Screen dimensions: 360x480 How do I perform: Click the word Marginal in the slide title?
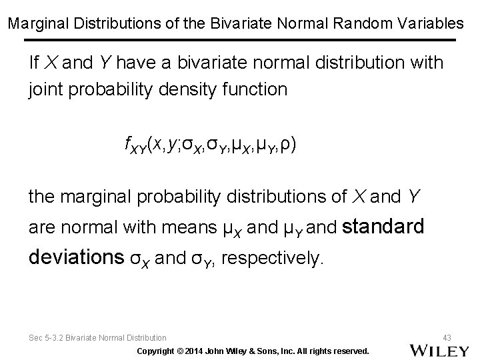33,23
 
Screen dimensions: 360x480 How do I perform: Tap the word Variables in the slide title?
433,23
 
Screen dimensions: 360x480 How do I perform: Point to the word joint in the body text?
42,89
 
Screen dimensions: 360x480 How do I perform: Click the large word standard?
383,227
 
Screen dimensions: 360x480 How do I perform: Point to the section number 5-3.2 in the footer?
62,338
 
